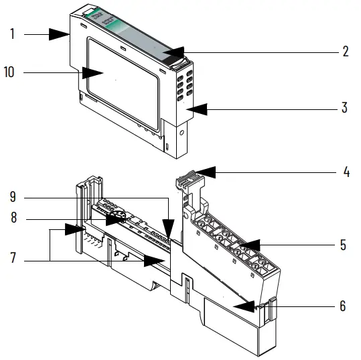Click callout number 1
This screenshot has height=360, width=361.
pyautogui.click(x=12, y=34)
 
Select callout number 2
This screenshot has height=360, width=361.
pyautogui.click(x=346, y=52)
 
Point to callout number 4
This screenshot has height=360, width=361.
pyautogui.click(x=346, y=172)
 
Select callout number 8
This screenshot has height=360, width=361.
pyautogui.click(x=13, y=219)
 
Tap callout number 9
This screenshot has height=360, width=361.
pyautogui.click(x=13, y=198)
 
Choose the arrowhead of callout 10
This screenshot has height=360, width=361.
pyautogui.click(x=88, y=72)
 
